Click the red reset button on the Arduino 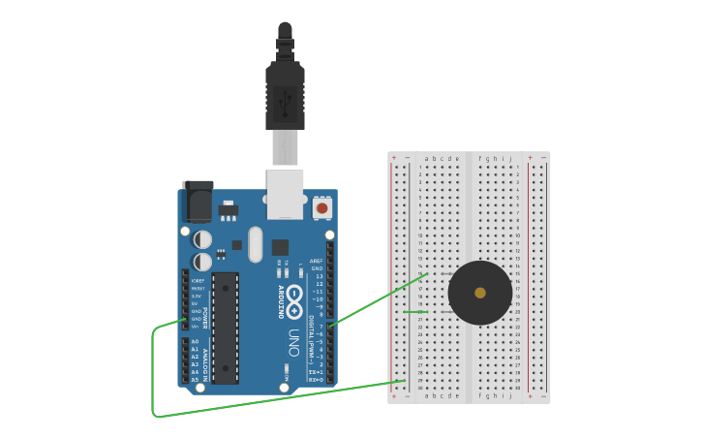321,207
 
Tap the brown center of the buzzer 480,293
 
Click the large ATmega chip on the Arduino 226,328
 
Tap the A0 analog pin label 195,342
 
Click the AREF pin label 317,261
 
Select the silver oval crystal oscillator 256,244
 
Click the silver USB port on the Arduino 286,194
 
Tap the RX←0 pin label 316,380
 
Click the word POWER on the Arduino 205,318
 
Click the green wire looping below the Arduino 155,388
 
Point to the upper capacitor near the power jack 202,239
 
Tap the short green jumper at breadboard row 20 414,312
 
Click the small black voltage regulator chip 229,209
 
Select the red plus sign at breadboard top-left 394,157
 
